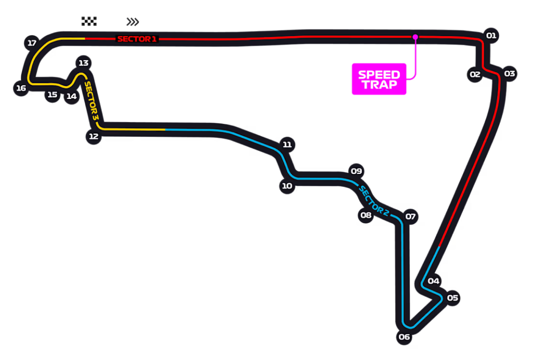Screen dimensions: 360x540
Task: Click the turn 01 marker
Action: tap(491, 35)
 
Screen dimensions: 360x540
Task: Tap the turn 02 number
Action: tap(474, 74)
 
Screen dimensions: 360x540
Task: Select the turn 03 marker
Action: tap(509, 73)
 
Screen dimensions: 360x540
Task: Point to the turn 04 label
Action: tap(433, 281)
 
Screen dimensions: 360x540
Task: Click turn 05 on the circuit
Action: tap(452, 298)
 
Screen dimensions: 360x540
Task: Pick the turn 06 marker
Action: tap(404, 337)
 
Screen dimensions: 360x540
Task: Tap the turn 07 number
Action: tap(410, 216)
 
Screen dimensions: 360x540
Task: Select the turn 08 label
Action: tap(366, 215)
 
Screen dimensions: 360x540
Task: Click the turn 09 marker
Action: tap(356, 171)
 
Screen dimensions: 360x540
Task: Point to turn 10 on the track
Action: tap(286, 186)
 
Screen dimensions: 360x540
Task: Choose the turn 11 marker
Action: tap(286, 144)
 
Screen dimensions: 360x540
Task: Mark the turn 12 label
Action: tap(93, 136)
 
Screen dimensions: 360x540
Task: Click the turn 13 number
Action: tap(83, 63)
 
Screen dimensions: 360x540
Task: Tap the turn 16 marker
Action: tap(20, 88)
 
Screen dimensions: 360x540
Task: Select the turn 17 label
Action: tap(32, 43)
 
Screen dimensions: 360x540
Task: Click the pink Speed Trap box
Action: tap(379, 79)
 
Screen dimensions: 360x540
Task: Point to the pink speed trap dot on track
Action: tap(415, 36)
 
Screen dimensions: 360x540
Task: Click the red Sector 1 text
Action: tap(137, 39)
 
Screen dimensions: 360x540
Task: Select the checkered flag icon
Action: tap(90, 20)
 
